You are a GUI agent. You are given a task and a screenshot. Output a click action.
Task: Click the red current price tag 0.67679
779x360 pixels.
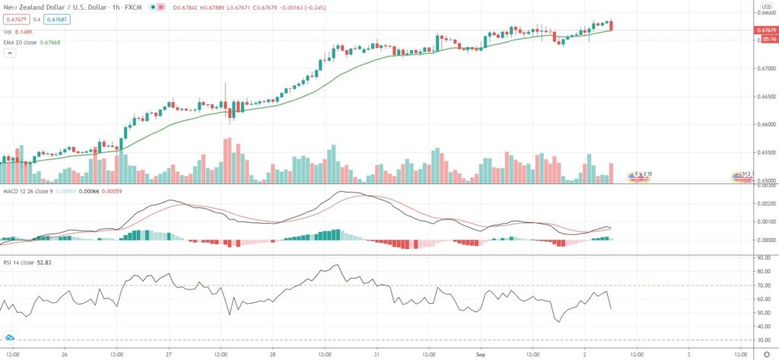[x=765, y=30]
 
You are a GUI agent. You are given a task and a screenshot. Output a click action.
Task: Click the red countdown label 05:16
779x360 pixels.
[x=765, y=37]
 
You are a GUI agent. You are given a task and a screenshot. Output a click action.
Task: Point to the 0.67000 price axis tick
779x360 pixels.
[x=763, y=68]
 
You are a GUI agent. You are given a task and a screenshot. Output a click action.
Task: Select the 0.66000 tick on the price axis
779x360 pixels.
[x=763, y=124]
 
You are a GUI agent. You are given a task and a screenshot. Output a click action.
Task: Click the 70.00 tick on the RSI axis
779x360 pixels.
[x=762, y=285]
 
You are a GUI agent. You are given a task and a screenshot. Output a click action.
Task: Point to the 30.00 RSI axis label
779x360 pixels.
[x=762, y=340]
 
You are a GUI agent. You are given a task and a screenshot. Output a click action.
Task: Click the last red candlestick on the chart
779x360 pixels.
[x=612, y=25]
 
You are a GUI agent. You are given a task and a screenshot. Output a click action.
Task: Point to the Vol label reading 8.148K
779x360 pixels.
[x=20, y=32]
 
